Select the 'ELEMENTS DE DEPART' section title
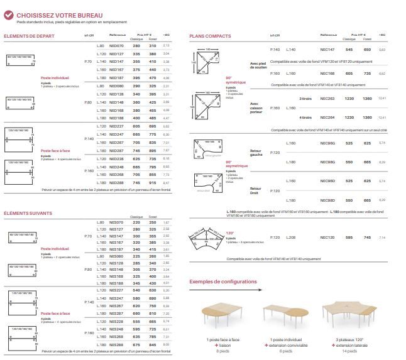[29, 36]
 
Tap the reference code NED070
[116, 46]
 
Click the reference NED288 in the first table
[116, 182]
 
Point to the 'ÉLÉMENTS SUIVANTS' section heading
[28, 213]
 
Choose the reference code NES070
[116, 222]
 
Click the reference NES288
[116, 344]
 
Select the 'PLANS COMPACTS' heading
[210, 36]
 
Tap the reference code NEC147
[327, 49]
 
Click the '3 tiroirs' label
[306, 99]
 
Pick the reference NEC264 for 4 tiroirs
[327, 117]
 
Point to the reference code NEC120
[327, 237]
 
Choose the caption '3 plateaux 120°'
[345, 340]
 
